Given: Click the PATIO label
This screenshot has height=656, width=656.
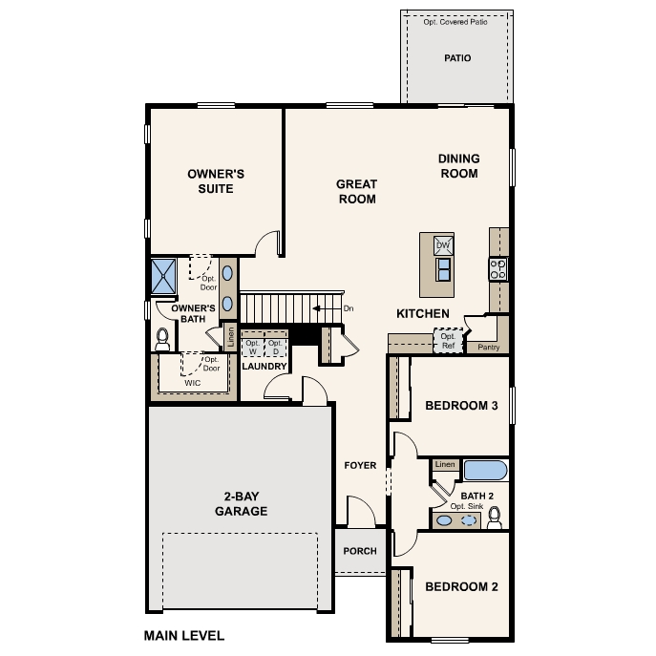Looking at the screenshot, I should [457, 58].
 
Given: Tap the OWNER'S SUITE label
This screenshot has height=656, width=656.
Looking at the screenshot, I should [216, 181].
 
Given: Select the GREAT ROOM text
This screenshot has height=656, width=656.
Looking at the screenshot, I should [356, 192].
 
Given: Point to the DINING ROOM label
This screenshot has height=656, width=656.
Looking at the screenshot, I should [458, 166].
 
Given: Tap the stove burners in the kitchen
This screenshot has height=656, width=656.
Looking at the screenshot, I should [497, 269].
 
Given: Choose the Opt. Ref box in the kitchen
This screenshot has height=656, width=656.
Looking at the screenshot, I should [447, 340].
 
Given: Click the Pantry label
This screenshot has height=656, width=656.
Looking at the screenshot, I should [488, 348].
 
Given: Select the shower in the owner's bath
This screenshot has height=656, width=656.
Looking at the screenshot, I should [163, 276].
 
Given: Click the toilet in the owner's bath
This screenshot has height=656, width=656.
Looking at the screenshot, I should [161, 338].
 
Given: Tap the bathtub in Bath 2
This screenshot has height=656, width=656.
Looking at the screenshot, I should [486, 471].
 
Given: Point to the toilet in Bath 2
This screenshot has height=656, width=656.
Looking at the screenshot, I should [495, 518].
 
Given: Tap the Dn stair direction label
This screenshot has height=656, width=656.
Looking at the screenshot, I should [349, 308].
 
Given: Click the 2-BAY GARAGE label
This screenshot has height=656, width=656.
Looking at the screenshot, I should [240, 503].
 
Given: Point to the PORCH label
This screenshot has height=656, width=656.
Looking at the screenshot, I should [360, 551].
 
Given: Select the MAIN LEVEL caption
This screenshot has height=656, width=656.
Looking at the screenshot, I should [183, 634].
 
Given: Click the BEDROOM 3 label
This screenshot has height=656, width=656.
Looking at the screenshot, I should [461, 406].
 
